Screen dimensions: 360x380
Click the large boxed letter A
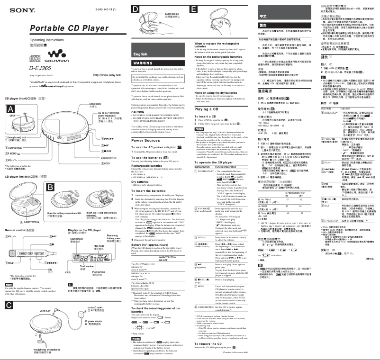coord(9,108)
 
